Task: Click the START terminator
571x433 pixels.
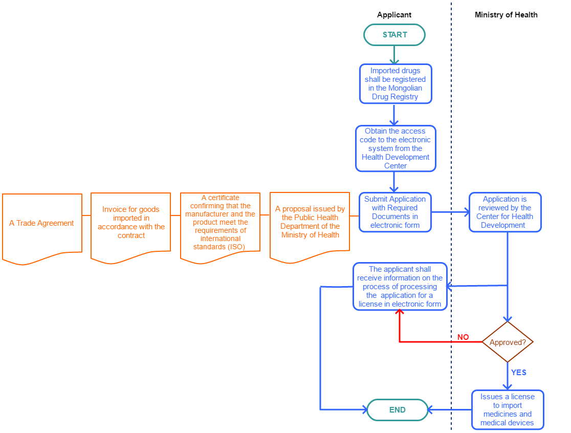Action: tap(394, 35)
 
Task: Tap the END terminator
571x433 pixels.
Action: tap(398, 409)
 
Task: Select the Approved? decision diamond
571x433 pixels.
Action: tap(508, 342)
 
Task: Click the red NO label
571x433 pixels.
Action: tap(463, 337)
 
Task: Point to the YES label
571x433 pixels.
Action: tap(518, 373)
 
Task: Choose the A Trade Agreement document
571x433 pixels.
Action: tap(42, 224)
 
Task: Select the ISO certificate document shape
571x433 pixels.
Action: tap(220, 223)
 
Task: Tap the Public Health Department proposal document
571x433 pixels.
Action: tap(310, 223)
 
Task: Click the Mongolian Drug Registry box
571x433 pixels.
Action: tap(395, 83)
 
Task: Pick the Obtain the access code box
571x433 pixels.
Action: tap(396, 148)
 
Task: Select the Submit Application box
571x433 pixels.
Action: tap(395, 212)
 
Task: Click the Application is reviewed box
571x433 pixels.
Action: tap(504, 212)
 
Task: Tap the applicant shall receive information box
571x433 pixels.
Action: tap(400, 286)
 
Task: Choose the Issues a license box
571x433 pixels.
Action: tap(507, 409)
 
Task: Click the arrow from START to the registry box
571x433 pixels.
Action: tap(394, 55)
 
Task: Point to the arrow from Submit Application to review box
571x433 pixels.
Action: tap(450, 211)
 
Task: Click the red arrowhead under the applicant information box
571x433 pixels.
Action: tap(399, 313)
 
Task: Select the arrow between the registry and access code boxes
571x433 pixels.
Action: tap(394, 115)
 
